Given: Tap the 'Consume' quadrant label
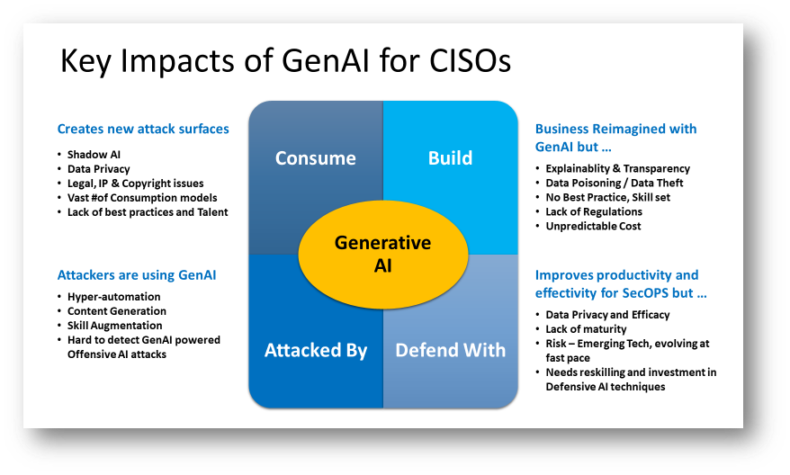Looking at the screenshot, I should [315, 158].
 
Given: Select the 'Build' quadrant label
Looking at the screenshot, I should [450, 158].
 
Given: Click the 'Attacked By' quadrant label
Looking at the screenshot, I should [316, 350].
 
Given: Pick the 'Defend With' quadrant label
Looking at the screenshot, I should [451, 350].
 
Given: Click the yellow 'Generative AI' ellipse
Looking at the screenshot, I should [382, 255].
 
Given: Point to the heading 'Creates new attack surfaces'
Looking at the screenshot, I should [143, 129].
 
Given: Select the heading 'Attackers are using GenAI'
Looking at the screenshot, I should [137, 275].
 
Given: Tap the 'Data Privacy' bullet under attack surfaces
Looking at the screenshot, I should [99, 168].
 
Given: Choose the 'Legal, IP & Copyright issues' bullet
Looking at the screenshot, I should [136, 183].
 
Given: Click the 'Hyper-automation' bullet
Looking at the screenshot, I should [114, 297].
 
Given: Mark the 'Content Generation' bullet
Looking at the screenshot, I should [117, 311].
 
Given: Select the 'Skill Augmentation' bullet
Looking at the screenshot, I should [115, 326].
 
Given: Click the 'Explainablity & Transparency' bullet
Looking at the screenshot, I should [617, 168].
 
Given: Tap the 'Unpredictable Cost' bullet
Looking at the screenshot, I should [593, 226].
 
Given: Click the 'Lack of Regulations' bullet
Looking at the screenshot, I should [594, 211].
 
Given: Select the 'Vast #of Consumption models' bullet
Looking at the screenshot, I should [142, 197].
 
